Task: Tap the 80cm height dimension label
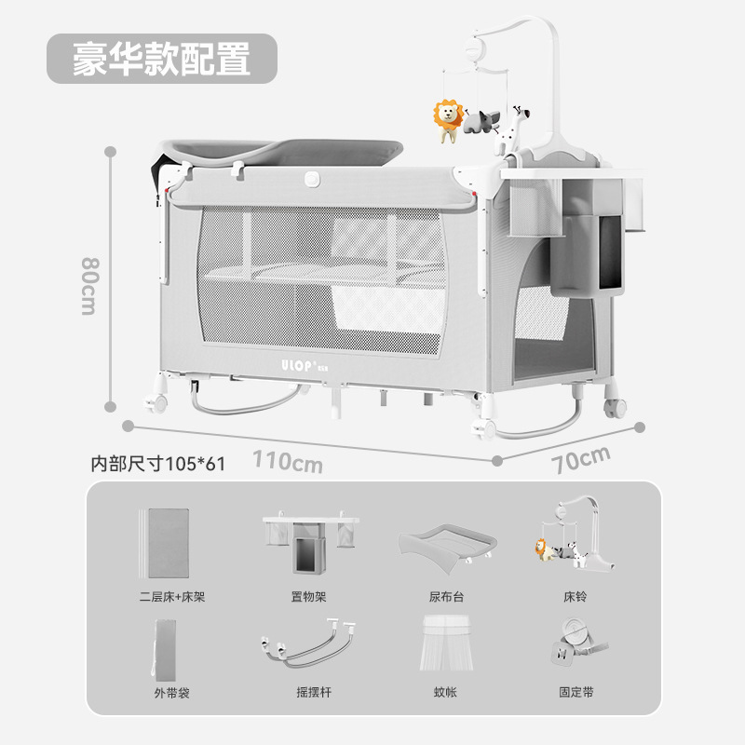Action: coord(88,286)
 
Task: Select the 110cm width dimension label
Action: coord(288,460)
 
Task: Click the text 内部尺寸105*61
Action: coord(157,464)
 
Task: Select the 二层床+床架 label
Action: coord(169,596)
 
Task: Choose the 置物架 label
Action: coord(308,596)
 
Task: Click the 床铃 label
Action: coord(576,596)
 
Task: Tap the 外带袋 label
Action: coord(169,693)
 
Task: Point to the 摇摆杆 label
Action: coord(308,693)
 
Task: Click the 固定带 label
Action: coord(576,693)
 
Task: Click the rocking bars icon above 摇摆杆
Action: coord(308,645)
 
